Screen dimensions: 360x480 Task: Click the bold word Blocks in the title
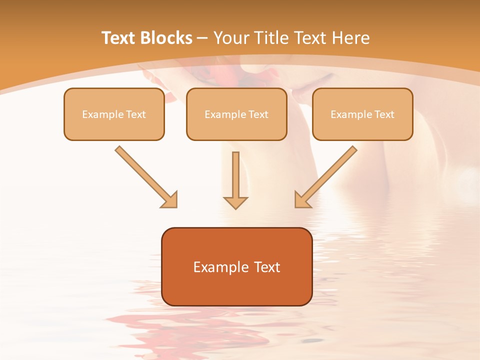(x=166, y=38)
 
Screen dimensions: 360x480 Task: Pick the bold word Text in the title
(x=120, y=38)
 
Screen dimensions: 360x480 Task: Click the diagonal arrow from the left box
(x=146, y=176)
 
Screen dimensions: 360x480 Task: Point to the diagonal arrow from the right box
(x=325, y=176)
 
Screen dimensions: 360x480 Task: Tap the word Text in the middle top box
(x=258, y=114)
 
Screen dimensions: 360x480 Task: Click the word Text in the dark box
(x=267, y=267)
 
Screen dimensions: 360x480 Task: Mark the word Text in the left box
(x=136, y=114)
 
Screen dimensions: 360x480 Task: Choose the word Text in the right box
(x=384, y=114)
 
